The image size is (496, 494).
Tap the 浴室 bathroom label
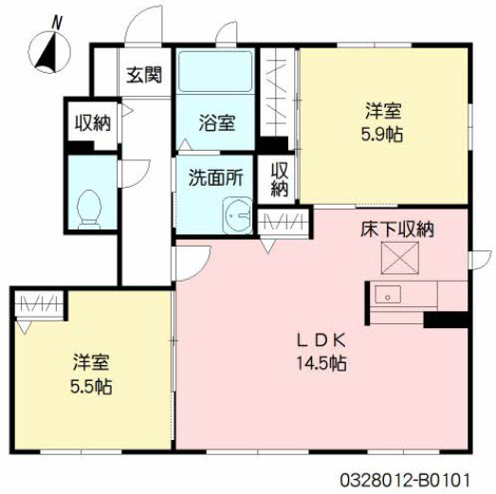pos(216,122)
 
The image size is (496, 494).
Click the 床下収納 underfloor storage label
pos(396,229)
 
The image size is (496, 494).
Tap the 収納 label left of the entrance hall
pos(92,122)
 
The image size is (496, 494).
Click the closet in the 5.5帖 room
pos(41,304)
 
